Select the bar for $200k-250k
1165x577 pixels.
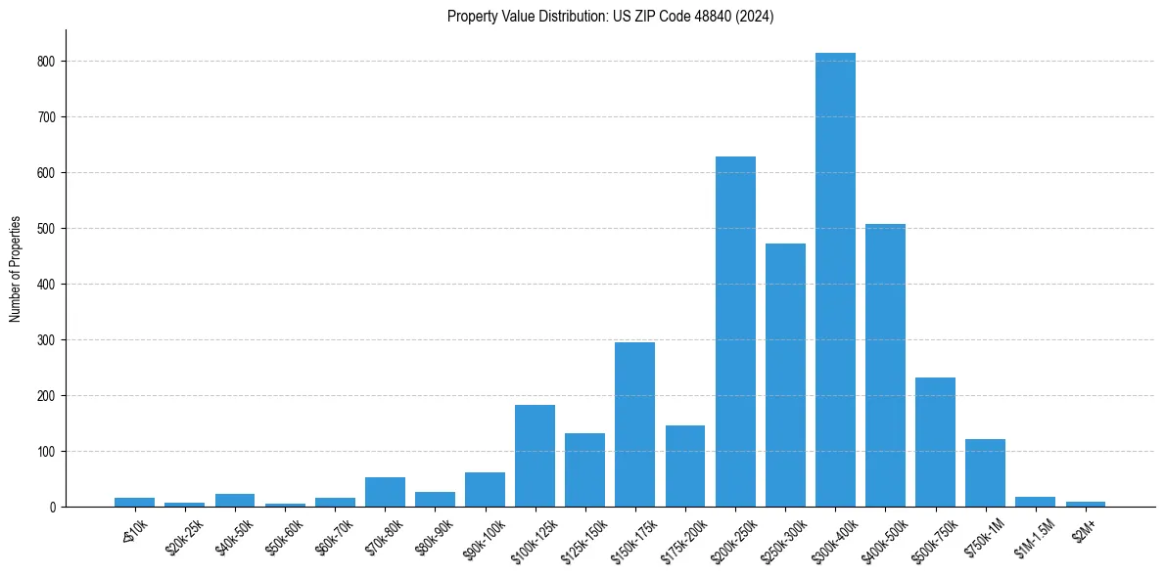tap(735, 332)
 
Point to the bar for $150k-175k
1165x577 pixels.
tap(635, 424)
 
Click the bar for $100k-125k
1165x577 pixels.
tap(535, 456)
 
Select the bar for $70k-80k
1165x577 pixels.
tap(385, 492)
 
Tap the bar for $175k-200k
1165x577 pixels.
tap(685, 466)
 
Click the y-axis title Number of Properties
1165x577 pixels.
tap(16, 269)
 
